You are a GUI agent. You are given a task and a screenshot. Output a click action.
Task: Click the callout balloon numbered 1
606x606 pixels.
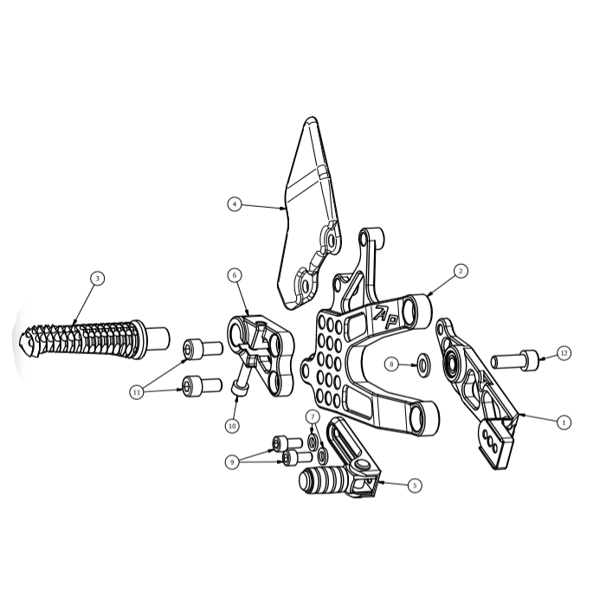pos(564,422)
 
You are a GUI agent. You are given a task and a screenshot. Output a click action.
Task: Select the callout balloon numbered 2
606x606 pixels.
pos(461,271)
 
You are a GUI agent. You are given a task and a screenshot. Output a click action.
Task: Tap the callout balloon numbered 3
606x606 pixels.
pos(97,278)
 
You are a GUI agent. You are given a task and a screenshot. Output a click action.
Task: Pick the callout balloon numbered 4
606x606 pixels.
pos(235,204)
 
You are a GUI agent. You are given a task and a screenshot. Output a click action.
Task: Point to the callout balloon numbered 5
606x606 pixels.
pos(415,486)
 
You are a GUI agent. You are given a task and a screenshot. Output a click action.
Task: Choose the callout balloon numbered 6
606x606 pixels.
pos(235,275)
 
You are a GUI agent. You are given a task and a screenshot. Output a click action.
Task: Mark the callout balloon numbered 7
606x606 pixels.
pos(313,417)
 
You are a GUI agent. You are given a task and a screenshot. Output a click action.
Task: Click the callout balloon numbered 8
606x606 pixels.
pos(391,364)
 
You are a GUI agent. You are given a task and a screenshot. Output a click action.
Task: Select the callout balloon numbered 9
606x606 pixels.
pos(232,462)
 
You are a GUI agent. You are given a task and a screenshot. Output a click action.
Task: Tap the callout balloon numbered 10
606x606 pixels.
pos(232,426)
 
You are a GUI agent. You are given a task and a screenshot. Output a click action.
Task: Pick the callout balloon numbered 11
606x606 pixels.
pos(137,393)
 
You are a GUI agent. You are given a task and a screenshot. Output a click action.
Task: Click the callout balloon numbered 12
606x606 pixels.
pos(564,353)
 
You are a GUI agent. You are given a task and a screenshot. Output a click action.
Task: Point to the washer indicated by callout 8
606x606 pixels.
pos(424,364)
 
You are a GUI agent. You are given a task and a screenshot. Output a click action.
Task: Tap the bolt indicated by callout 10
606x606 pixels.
pos(242,377)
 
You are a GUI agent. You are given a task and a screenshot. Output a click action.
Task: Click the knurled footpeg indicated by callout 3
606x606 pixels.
pos(93,339)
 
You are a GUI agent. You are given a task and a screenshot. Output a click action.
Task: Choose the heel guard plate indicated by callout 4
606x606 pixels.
pos(309,215)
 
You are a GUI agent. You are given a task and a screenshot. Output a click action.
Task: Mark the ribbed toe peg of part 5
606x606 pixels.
pos(325,480)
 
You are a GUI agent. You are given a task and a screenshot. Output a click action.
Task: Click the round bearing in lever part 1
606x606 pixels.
pos(451,361)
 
